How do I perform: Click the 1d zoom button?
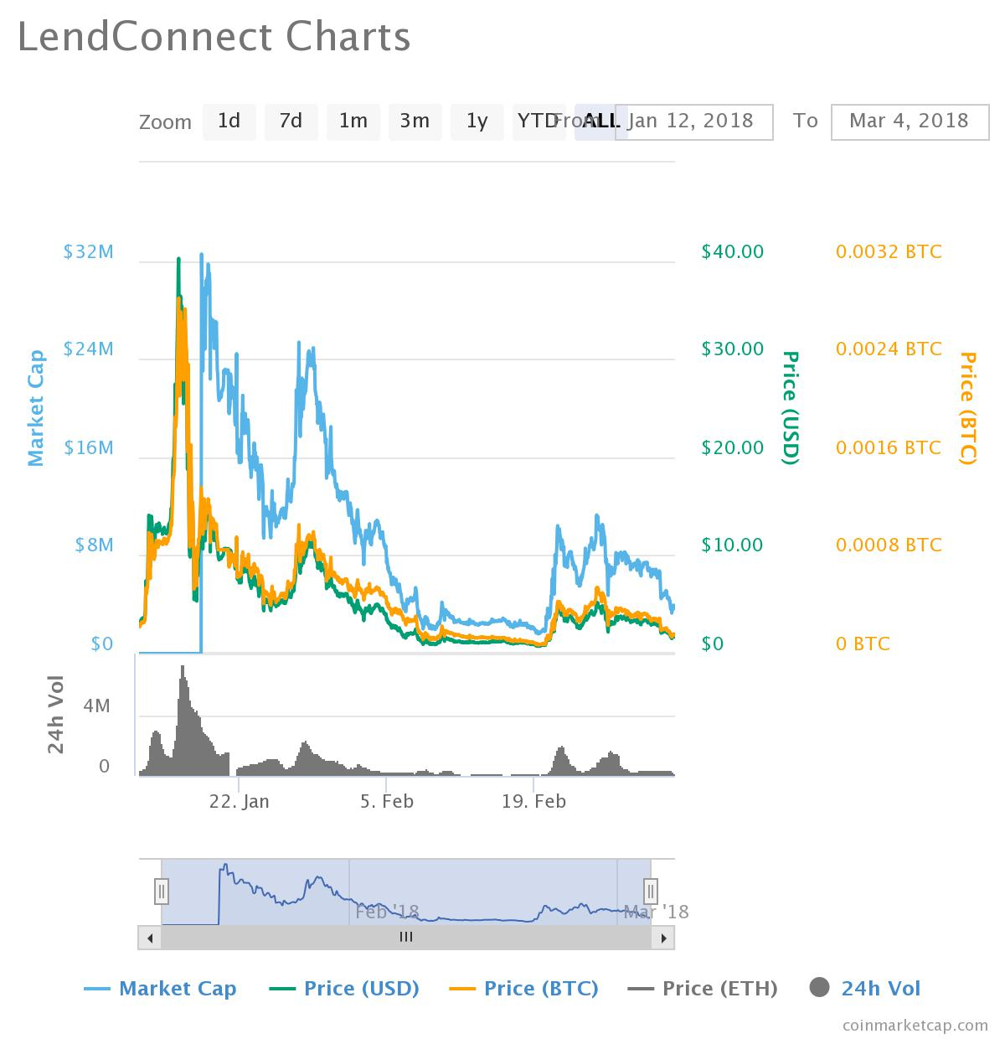click(229, 121)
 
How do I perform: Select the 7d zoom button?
click(291, 121)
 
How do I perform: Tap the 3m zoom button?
click(415, 121)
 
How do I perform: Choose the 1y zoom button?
click(477, 121)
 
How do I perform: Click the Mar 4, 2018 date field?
click(909, 121)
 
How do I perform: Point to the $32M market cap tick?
click(88, 252)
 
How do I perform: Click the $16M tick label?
click(88, 448)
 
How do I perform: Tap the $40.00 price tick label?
click(733, 252)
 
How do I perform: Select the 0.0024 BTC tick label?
click(889, 349)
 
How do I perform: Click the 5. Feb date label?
click(387, 802)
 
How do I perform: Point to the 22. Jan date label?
click(240, 802)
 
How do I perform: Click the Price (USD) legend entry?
click(344, 990)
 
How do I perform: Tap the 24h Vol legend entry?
click(866, 990)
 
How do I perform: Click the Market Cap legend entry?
click(161, 990)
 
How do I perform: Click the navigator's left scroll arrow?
click(149, 938)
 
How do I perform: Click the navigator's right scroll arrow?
click(663, 938)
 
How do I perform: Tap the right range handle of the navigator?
click(651, 891)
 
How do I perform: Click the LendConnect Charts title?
click(214, 38)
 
